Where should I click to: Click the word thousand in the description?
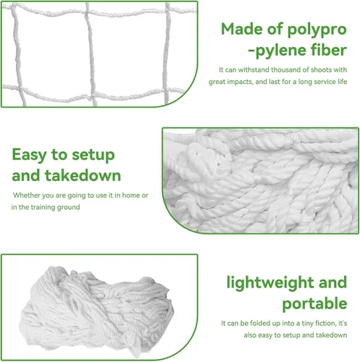point(285,70)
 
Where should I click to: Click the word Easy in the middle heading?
point(29,156)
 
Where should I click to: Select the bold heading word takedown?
point(83,175)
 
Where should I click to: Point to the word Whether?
point(27,195)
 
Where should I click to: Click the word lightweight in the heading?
point(270,283)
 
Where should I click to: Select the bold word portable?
point(314,304)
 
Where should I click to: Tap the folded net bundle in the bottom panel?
point(96,311)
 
